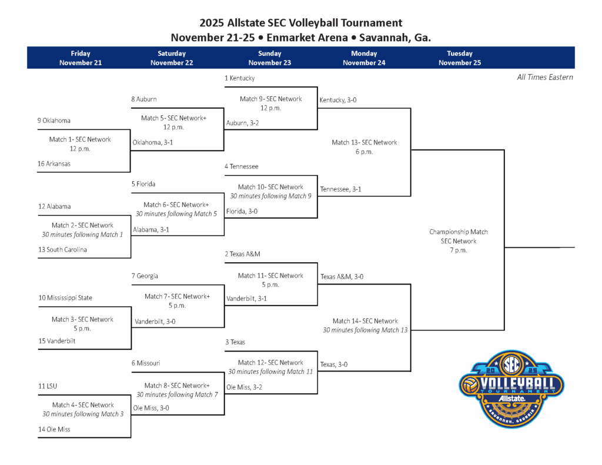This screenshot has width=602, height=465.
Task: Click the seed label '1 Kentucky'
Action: point(239,78)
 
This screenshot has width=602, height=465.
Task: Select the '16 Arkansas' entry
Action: point(53,164)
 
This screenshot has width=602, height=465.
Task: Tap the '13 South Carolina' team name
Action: point(62,250)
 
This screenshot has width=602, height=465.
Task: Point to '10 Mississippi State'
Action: point(65,298)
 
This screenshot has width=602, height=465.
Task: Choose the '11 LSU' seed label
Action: point(48,386)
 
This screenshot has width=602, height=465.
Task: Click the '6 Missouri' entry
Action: point(146,363)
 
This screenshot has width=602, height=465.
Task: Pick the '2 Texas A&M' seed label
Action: point(242,254)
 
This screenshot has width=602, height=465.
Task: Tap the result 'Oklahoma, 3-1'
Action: point(153,142)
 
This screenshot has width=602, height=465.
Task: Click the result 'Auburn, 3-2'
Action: point(242,123)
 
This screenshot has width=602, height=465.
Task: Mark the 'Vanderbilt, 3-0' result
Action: point(155,322)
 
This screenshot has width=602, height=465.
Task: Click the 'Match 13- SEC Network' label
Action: point(364,142)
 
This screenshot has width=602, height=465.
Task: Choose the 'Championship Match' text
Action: point(458,232)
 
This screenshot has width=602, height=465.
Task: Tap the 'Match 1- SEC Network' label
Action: point(80,139)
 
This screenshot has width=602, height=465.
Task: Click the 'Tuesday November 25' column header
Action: point(459,58)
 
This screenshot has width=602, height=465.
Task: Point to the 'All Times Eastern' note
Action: point(544,77)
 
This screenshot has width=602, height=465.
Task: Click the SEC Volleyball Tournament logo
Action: point(511,389)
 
